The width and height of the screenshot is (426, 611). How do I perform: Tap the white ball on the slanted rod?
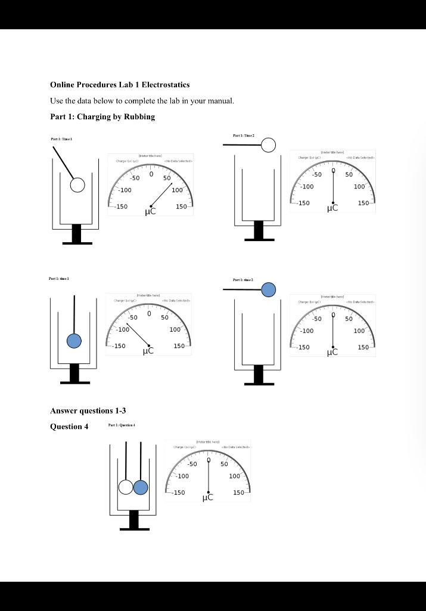tap(77, 185)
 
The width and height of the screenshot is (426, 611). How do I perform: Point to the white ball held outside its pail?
tap(269, 145)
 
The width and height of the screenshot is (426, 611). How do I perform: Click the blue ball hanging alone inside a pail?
tap(74, 341)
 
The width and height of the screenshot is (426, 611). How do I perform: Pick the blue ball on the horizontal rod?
tap(269, 290)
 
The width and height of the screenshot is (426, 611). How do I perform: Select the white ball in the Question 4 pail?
tap(126, 487)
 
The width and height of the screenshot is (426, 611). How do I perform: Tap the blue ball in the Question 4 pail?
tap(141, 487)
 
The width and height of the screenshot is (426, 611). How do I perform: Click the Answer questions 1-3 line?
tap(88, 411)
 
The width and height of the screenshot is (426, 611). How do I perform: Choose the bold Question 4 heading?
tap(69, 426)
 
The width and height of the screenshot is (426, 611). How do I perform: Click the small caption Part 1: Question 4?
tap(124, 425)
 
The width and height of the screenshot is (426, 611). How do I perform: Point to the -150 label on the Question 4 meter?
tap(179, 493)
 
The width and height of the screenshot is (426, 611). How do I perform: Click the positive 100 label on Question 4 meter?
tap(234, 476)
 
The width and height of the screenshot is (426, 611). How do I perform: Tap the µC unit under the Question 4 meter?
tap(209, 497)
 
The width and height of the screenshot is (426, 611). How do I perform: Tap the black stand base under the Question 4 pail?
tap(133, 528)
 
